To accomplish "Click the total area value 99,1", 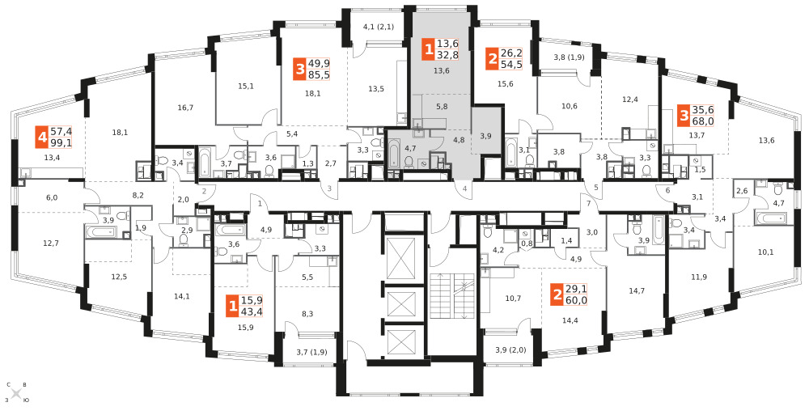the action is pos(61,142).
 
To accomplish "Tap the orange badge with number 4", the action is pos(42,138).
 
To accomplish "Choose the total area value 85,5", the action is pos(319,75).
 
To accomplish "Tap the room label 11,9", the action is pos(699,277).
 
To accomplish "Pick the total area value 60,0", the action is pos(577,300).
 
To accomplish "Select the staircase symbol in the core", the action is pos(451,296).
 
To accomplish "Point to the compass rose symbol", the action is pos(16,393).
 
